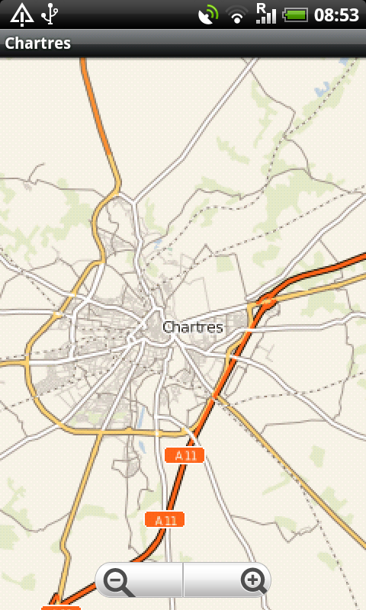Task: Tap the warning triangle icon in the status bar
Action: [x=21, y=14]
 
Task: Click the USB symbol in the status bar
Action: [x=50, y=14]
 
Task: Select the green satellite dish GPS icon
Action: [x=207, y=14]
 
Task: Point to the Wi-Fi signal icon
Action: [x=238, y=14]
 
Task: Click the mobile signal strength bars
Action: [x=266, y=16]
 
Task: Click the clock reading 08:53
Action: [x=336, y=14]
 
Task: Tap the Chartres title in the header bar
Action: [x=38, y=43]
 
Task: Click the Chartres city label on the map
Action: [x=193, y=327]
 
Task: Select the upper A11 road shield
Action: [x=185, y=455]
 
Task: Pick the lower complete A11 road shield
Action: [x=165, y=520]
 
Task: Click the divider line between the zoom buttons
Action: [x=183, y=581]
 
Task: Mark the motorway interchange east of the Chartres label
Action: [x=267, y=301]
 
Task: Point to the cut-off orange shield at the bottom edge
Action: [x=61, y=607]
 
